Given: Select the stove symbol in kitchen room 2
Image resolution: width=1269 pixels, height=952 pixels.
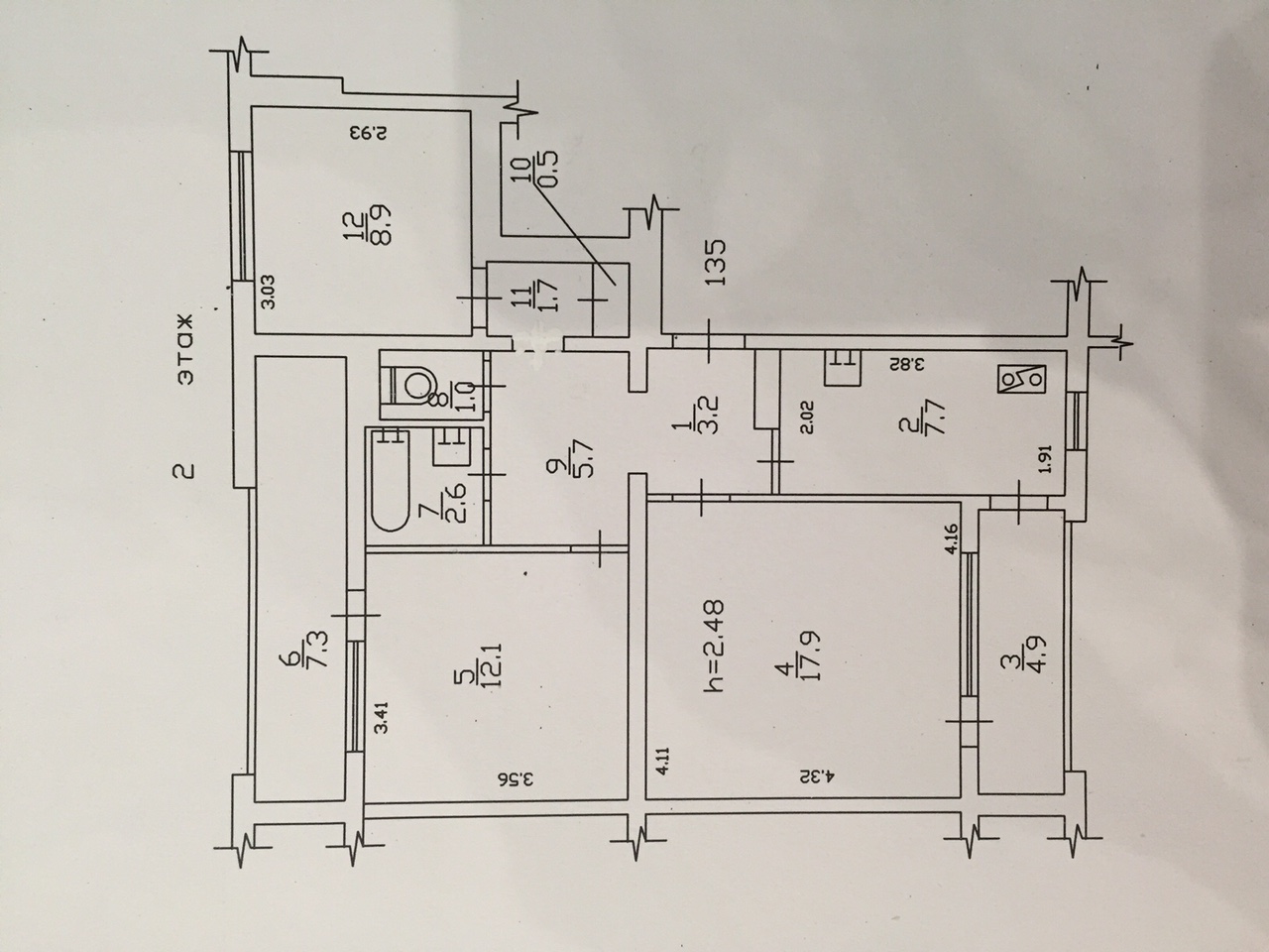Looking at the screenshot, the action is point(1023,379).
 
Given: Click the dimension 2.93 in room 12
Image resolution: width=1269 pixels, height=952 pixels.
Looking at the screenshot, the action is point(368,134).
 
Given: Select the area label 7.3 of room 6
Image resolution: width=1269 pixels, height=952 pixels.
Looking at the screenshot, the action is point(319,651).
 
